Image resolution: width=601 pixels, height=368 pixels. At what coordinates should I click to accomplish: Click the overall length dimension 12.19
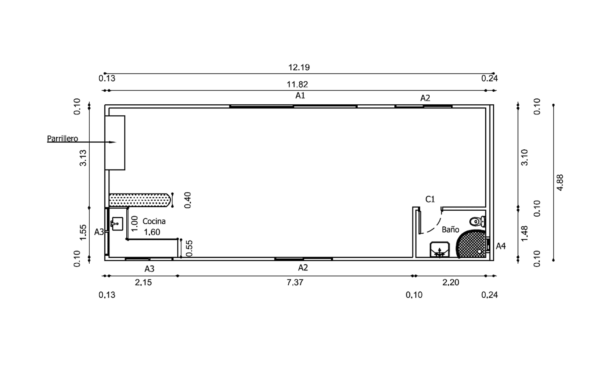click(299, 67)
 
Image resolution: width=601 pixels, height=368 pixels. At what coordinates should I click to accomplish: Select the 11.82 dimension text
click(297, 85)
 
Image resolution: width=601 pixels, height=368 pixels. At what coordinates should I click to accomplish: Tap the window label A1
click(300, 96)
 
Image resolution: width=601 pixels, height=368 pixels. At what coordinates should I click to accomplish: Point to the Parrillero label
click(62, 138)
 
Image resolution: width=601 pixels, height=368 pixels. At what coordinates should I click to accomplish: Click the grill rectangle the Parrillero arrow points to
click(115, 143)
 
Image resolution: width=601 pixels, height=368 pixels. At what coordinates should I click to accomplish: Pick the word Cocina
click(154, 221)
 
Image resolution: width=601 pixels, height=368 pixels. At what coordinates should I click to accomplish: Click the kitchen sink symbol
click(117, 224)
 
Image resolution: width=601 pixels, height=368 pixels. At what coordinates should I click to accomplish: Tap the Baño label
click(450, 230)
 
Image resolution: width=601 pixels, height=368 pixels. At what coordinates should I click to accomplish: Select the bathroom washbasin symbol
click(439, 250)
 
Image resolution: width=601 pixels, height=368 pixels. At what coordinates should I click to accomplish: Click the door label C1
click(430, 199)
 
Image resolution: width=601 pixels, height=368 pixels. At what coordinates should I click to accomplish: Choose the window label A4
click(500, 246)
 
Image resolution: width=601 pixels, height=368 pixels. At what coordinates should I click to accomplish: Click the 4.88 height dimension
click(560, 183)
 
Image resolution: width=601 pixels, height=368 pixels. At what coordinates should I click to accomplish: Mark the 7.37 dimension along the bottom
click(295, 283)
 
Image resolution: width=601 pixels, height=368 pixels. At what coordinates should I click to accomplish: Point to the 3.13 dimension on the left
click(83, 158)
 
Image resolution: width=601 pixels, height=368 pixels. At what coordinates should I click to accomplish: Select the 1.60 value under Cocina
click(152, 232)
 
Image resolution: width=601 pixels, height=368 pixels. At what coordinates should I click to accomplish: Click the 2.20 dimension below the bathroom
click(450, 283)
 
